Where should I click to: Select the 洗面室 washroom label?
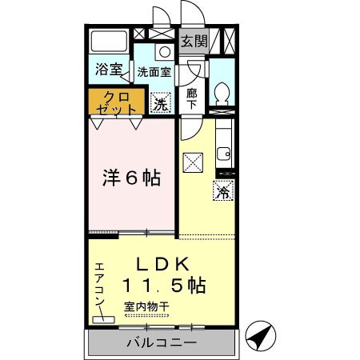tap(153, 70)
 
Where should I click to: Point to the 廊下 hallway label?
tap(192, 98)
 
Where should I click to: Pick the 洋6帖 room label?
tap(130, 177)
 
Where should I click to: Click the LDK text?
tap(164, 263)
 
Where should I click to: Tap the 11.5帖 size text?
tap(165, 285)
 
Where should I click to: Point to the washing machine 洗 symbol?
tap(160, 103)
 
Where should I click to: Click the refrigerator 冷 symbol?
tap(223, 192)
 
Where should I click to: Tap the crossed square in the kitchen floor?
tap(194, 162)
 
